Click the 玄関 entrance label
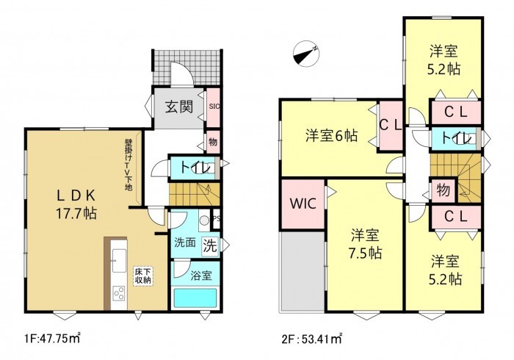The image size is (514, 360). pos(178,107)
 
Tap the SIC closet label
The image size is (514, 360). pos(214,107)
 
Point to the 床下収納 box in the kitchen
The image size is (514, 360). pos(142,276)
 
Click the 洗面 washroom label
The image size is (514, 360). pos(184,243)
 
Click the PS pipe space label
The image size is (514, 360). pos(215,218)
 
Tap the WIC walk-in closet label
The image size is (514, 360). pos(303,204)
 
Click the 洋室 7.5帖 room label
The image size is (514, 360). pos(364,245)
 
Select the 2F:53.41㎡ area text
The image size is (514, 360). pos(313,340)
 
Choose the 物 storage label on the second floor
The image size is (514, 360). pos(443,190)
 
